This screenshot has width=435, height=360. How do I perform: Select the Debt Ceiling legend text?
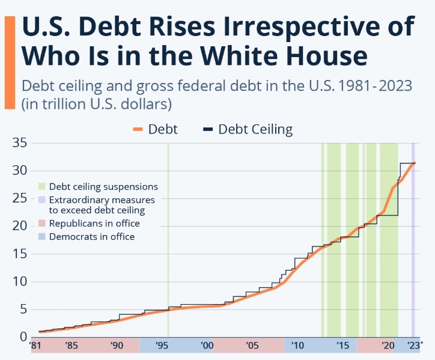click(255, 129)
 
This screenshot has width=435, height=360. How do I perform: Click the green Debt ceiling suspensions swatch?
click(42, 187)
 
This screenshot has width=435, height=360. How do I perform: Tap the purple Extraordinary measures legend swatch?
click(42, 200)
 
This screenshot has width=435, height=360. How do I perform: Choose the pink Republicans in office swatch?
click(42, 224)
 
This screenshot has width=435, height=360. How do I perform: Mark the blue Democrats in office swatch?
click(42, 237)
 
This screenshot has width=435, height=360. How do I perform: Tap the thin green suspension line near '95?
click(168, 240)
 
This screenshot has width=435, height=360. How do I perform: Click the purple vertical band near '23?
click(413, 240)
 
